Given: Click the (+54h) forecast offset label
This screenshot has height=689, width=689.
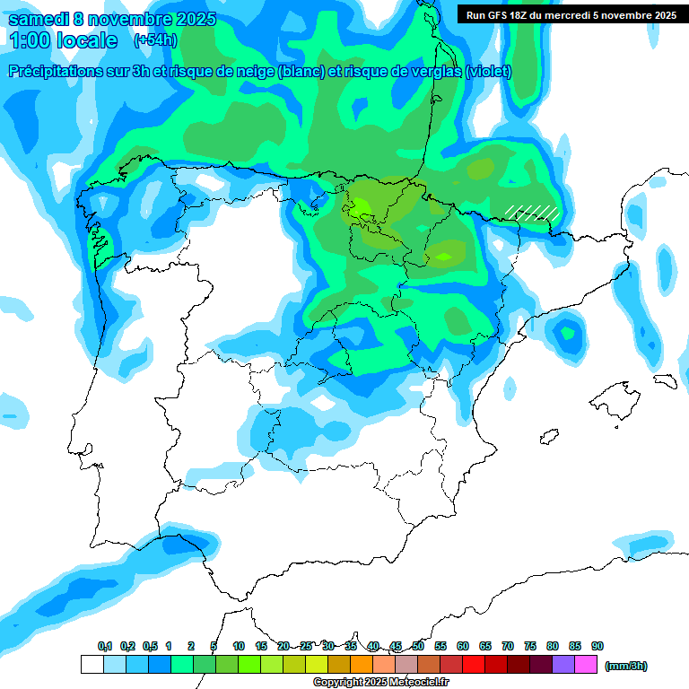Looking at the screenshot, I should tap(154, 40).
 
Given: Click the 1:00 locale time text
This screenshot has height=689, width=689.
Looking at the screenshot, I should tap(63, 40).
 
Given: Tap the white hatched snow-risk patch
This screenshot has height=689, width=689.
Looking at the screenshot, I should tap(532, 213).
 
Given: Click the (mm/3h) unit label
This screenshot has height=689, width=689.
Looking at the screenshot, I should tap(625, 666).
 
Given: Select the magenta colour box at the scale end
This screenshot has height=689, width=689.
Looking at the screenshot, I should tap(587, 665).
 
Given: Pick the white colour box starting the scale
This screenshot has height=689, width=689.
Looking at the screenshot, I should tap(92, 665).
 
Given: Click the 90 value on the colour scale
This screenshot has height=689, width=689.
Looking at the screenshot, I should tap(597, 646).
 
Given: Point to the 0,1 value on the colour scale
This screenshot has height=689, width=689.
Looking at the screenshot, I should tap(104, 646).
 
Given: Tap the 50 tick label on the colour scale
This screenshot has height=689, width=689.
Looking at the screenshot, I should tap(418, 646).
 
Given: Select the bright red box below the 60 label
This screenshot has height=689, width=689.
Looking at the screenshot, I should tap(474, 665).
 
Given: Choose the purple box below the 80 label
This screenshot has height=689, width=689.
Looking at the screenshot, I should tap(563, 665).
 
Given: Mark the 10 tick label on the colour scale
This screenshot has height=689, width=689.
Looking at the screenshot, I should tap(239, 646).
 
